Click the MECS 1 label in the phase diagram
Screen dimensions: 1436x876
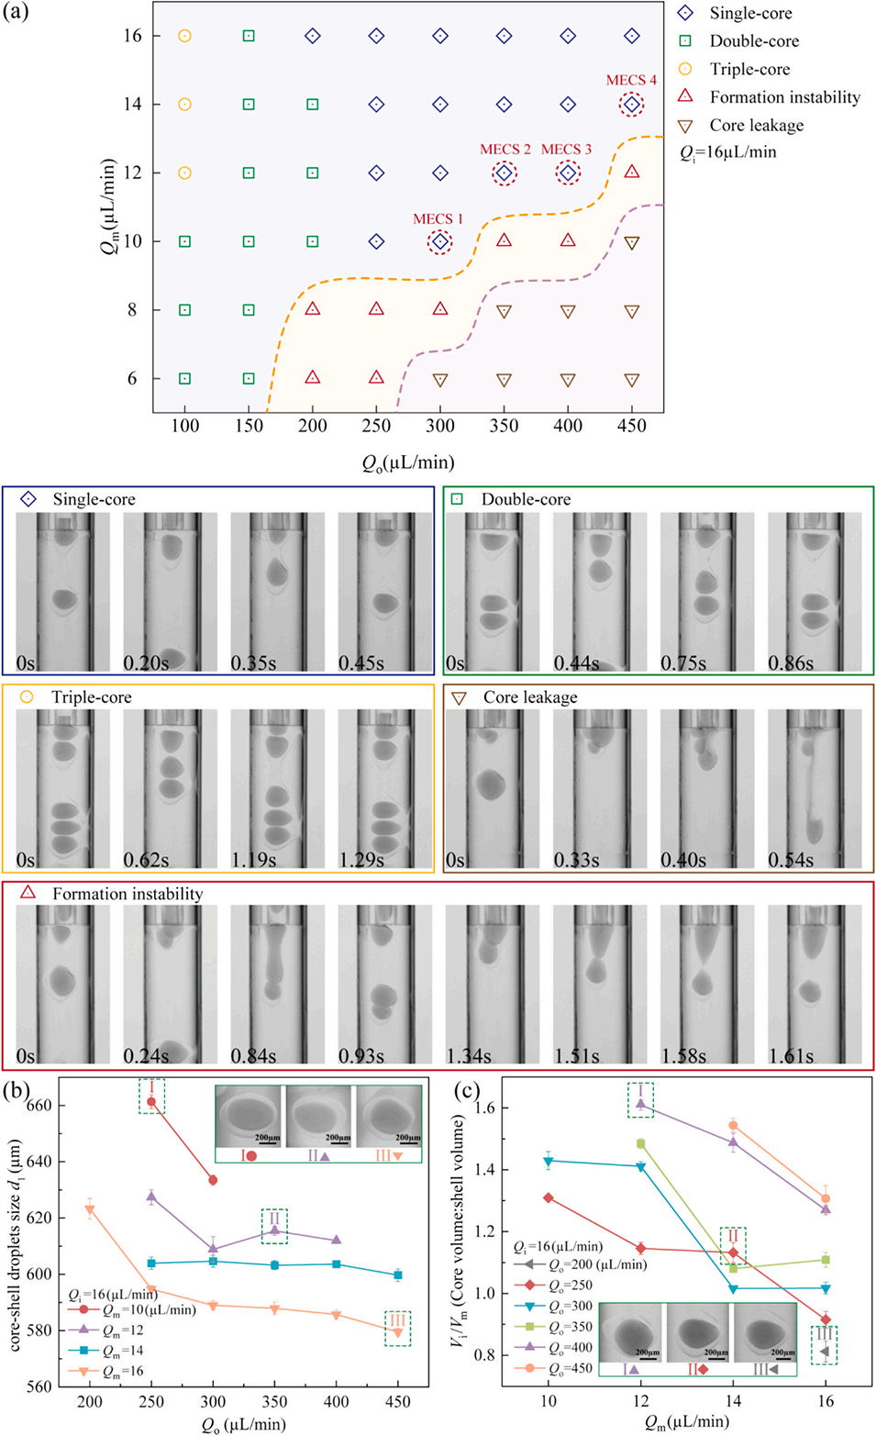click(x=438, y=219)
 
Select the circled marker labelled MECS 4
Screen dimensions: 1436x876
click(x=631, y=105)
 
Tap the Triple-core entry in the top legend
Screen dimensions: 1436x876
click(x=748, y=70)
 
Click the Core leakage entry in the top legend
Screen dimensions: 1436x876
click(x=755, y=126)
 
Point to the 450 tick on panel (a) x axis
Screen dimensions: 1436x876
click(x=631, y=426)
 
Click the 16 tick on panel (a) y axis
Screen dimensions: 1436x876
click(x=133, y=36)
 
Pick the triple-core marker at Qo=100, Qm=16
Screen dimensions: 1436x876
click(x=184, y=36)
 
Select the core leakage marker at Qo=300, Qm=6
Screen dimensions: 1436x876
click(x=440, y=379)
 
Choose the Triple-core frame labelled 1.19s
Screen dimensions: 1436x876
click(x=277, y=789)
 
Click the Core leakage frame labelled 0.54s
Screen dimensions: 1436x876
click(x=814, y=789)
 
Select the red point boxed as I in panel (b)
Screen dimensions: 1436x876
click(x=151, y=1102)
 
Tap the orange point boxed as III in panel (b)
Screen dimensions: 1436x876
click(x=398, y=1332)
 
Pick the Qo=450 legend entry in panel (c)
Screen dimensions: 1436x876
click(x=559, y=1368)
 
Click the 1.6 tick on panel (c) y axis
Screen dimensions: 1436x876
click(x=485, y=1108)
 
